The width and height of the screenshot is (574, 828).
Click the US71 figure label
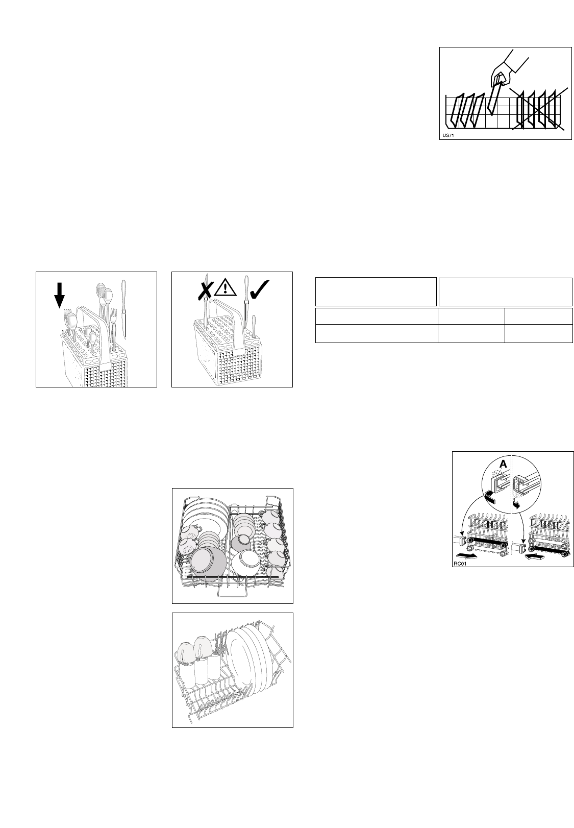coord(448,136)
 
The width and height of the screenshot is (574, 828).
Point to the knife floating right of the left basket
coord(124,309)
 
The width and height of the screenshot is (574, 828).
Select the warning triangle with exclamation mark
coord(224,287)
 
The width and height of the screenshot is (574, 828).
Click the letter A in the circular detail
coord(503,465)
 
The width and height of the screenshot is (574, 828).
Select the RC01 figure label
coord(460,564)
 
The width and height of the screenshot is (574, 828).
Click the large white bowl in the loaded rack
coord(245,562)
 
